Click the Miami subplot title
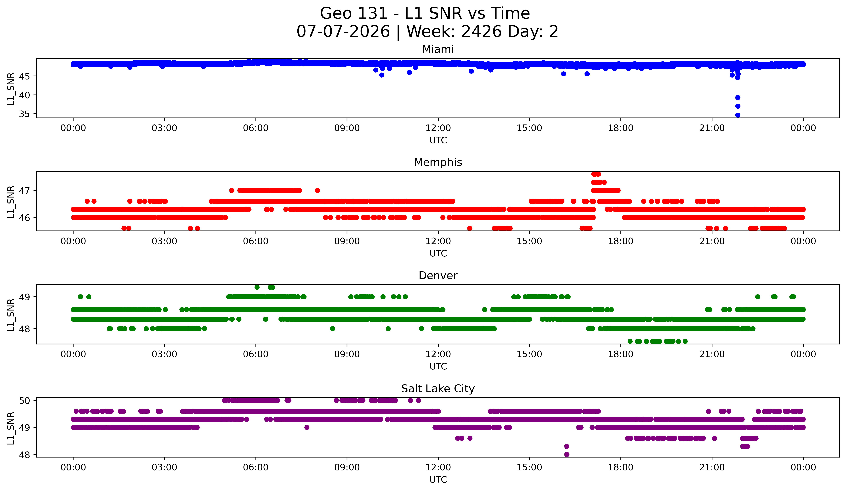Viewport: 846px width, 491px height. pyautogui.click(x=438, y=49)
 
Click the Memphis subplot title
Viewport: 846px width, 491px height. pyautogui.click(x=438, y=162)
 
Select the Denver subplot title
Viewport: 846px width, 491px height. pyautogui.click(x=438, y=276)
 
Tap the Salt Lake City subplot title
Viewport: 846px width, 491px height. pyautogui.click(x=438, y=389)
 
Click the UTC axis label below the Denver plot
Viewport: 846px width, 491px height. pyautogui.click(x=438, y=367)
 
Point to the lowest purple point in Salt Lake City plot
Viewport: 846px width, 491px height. pyautogui.click(x=567, y=454)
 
